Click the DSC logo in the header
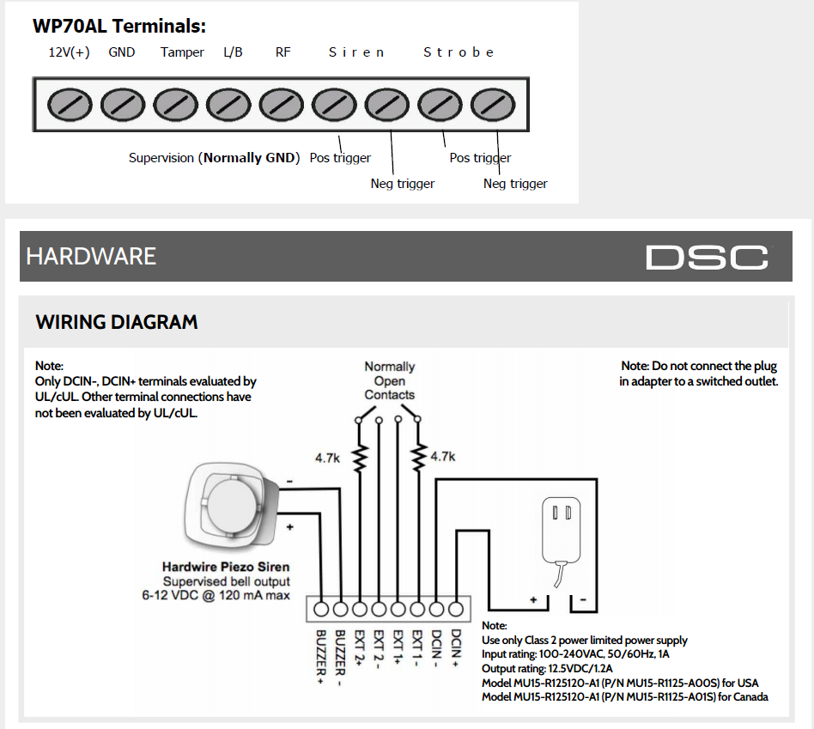707,257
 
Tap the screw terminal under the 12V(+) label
70,105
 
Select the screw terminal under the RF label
282,105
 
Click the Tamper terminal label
182,52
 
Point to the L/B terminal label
233,52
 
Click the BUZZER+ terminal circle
321,609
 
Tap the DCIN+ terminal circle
456,609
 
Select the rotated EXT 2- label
379,649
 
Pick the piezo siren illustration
232,506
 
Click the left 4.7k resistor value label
327,458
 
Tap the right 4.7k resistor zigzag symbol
418,458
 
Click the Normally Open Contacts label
389,380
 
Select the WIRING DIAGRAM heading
117,322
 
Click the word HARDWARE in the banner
91,257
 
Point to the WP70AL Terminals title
119,26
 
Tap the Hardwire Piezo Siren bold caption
226,567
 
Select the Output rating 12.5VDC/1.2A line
547,668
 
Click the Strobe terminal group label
459,52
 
